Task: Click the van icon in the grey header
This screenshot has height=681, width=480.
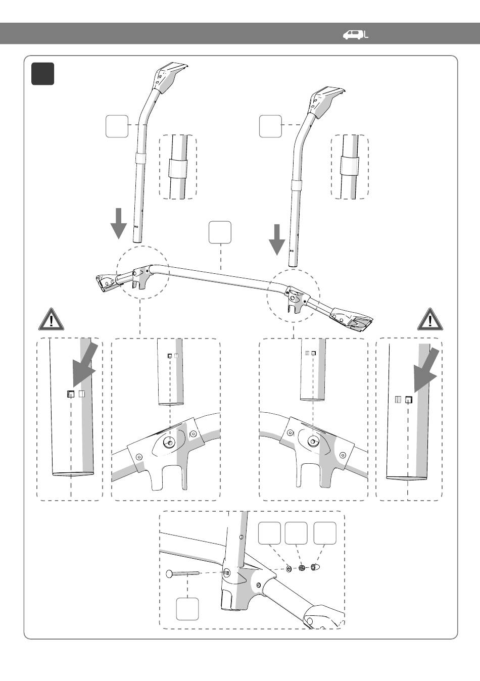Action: pos(353,35)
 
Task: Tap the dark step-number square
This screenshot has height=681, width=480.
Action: pos(42,74)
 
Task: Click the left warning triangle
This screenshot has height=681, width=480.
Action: pos(52,319)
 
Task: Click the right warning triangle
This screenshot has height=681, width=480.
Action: pos(430,319)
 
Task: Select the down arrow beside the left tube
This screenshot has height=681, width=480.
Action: pos(118,223)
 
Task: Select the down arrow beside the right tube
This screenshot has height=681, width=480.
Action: pos(276,239)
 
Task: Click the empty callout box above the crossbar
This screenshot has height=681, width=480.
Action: pos(220,232)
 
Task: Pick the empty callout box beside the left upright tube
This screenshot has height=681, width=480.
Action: pos(117,126)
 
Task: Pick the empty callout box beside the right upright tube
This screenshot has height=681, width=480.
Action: pos(270,126)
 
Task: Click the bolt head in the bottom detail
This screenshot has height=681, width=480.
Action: pos(170,574)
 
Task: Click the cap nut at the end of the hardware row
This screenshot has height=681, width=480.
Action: pos(315,567)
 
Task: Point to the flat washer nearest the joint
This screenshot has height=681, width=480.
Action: pos(289,568)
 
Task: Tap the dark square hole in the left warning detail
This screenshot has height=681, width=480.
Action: pos(71,394)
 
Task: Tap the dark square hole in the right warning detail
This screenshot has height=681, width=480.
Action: pos(409,400)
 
